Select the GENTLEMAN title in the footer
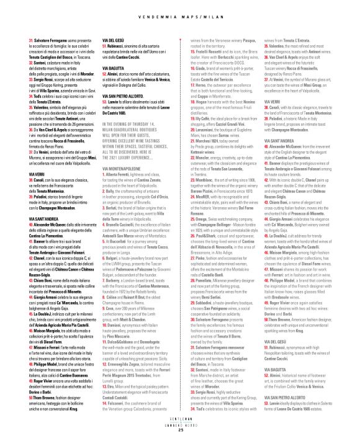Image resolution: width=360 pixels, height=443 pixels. click(x=179, y=425)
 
